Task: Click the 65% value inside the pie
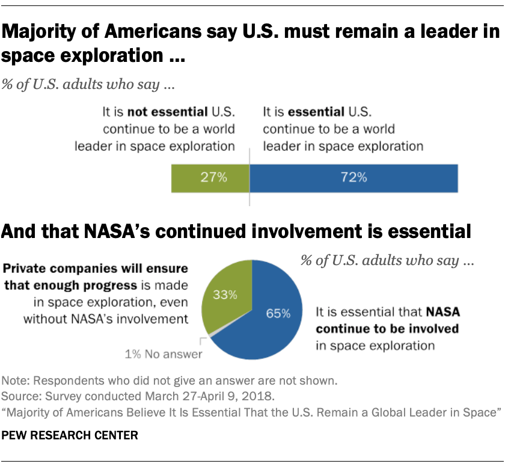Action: (278, 313)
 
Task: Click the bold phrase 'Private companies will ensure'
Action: (96, 268)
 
